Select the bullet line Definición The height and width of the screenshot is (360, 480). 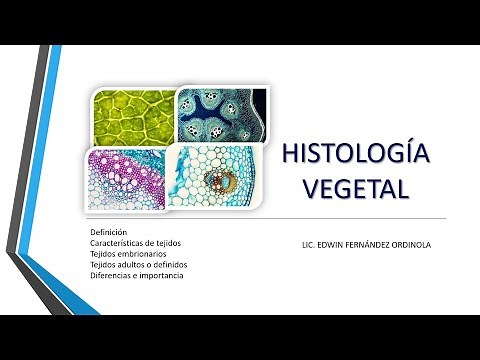tap(108, 232)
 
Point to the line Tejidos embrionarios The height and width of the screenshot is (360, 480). tap(129, 254)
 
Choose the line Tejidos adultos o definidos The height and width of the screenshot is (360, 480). tap(138, 265)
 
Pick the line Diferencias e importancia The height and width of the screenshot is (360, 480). tap(136, 275)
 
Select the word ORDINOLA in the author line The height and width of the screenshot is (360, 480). tap(418, 243)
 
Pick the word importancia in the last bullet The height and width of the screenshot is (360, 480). tap(163, 275)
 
